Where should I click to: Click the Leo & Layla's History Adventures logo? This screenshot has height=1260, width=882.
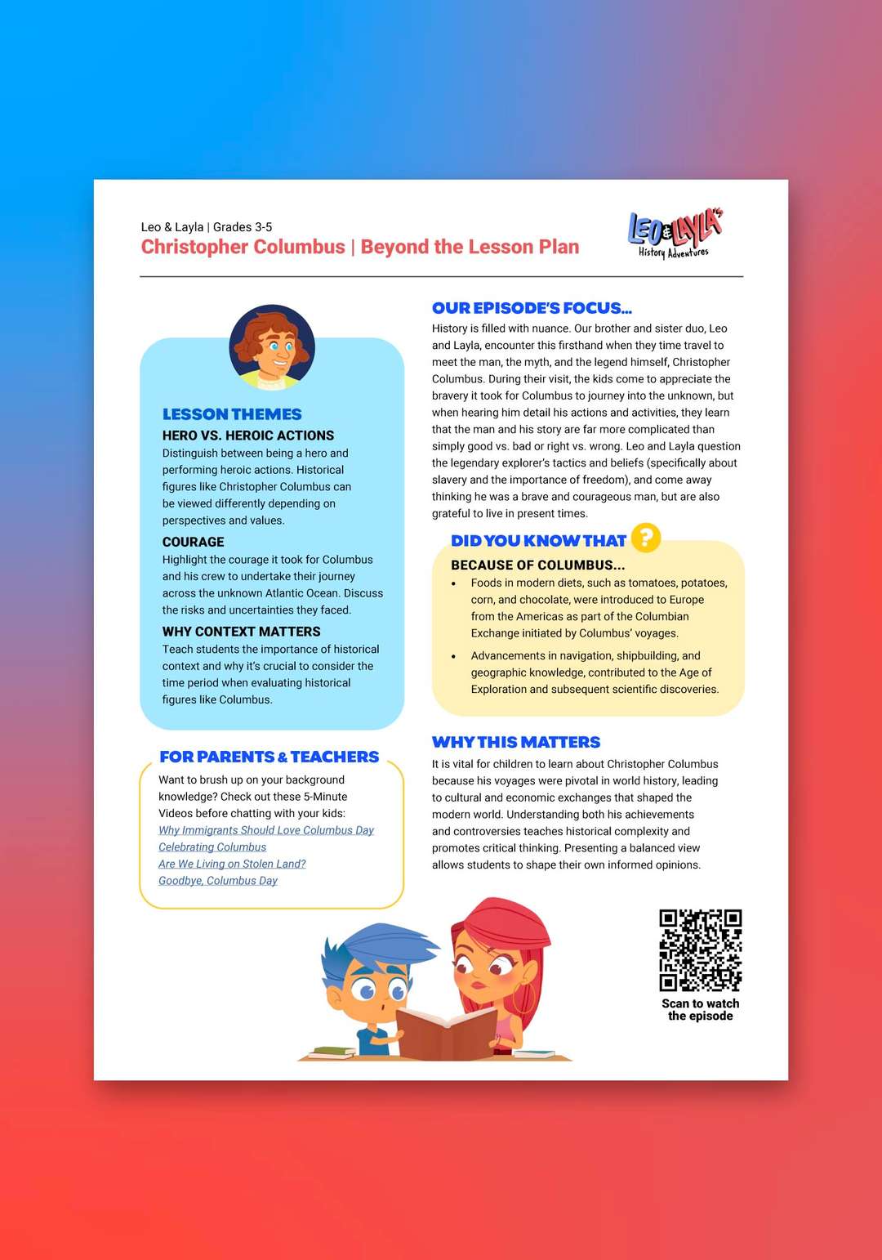(x=675, y=234)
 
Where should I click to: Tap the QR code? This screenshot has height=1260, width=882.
(x=700, y=949)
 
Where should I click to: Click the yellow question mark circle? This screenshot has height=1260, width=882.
(x=645, y=538)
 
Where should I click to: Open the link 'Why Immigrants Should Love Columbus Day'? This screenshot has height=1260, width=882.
(x=266, y=830)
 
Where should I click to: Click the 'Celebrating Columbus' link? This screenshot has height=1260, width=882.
(x=212, y=847)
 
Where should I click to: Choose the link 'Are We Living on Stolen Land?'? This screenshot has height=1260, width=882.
(x=232, y=864)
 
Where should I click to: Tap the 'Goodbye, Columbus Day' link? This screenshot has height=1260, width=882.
(x=218, y=881)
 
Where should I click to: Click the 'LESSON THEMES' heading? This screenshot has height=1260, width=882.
(x=232, y=414)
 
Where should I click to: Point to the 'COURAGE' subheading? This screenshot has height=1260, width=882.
(x=193, y=542)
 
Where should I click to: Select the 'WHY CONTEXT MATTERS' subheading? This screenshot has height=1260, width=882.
(x=241, y=632)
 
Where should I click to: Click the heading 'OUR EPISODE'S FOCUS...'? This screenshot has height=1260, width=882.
(x=532, y=308)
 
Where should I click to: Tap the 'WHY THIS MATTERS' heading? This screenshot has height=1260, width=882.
(x=516, y=742)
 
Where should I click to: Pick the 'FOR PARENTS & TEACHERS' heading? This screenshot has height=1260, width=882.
(x=269, y=757)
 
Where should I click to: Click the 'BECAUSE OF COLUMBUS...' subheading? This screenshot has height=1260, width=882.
(x=537, y=565)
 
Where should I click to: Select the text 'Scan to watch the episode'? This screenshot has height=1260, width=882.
(x=700, y=1010)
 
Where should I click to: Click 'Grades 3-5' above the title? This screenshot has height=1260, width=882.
(x=243, y=227)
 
